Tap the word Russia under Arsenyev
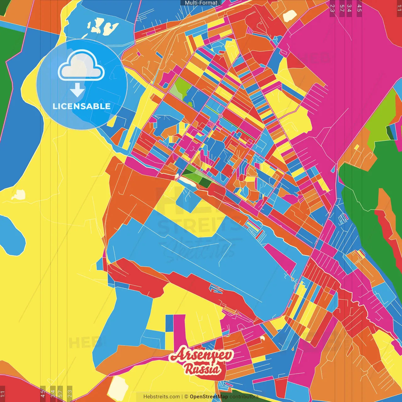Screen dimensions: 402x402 [x=202, y=369]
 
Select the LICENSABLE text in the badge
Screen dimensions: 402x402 [x=81, y=106]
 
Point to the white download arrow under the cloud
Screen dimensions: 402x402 [x=77, y=90]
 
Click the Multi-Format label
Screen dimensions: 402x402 [x=201, y=3]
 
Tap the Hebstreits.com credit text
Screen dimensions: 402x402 [x=161, y=397]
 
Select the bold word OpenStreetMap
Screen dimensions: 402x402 [x=209, y=397]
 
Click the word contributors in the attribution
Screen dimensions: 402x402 [x=244, y=397]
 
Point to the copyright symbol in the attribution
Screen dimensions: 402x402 [x=186, y=397]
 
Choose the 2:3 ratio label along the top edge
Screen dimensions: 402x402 [x=332, y=8]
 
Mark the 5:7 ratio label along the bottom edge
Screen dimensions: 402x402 [x=60, y=393]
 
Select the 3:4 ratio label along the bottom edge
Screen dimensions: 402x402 [x=53, y=393]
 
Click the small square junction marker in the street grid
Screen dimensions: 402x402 [x=220, y=116]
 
